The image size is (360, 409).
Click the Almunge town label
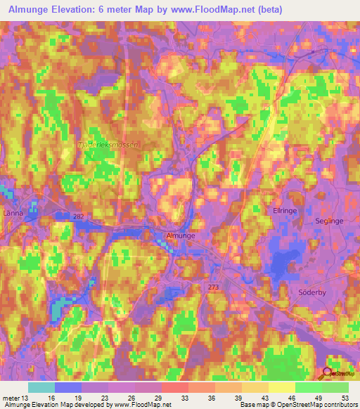[x=179, y=237]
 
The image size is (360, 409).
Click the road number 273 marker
[x=214, y=287]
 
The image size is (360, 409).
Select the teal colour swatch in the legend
[x=41, y=387]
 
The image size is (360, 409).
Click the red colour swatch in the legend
[x=175, y=387]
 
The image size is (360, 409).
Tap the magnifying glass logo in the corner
[x=327, y=375]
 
